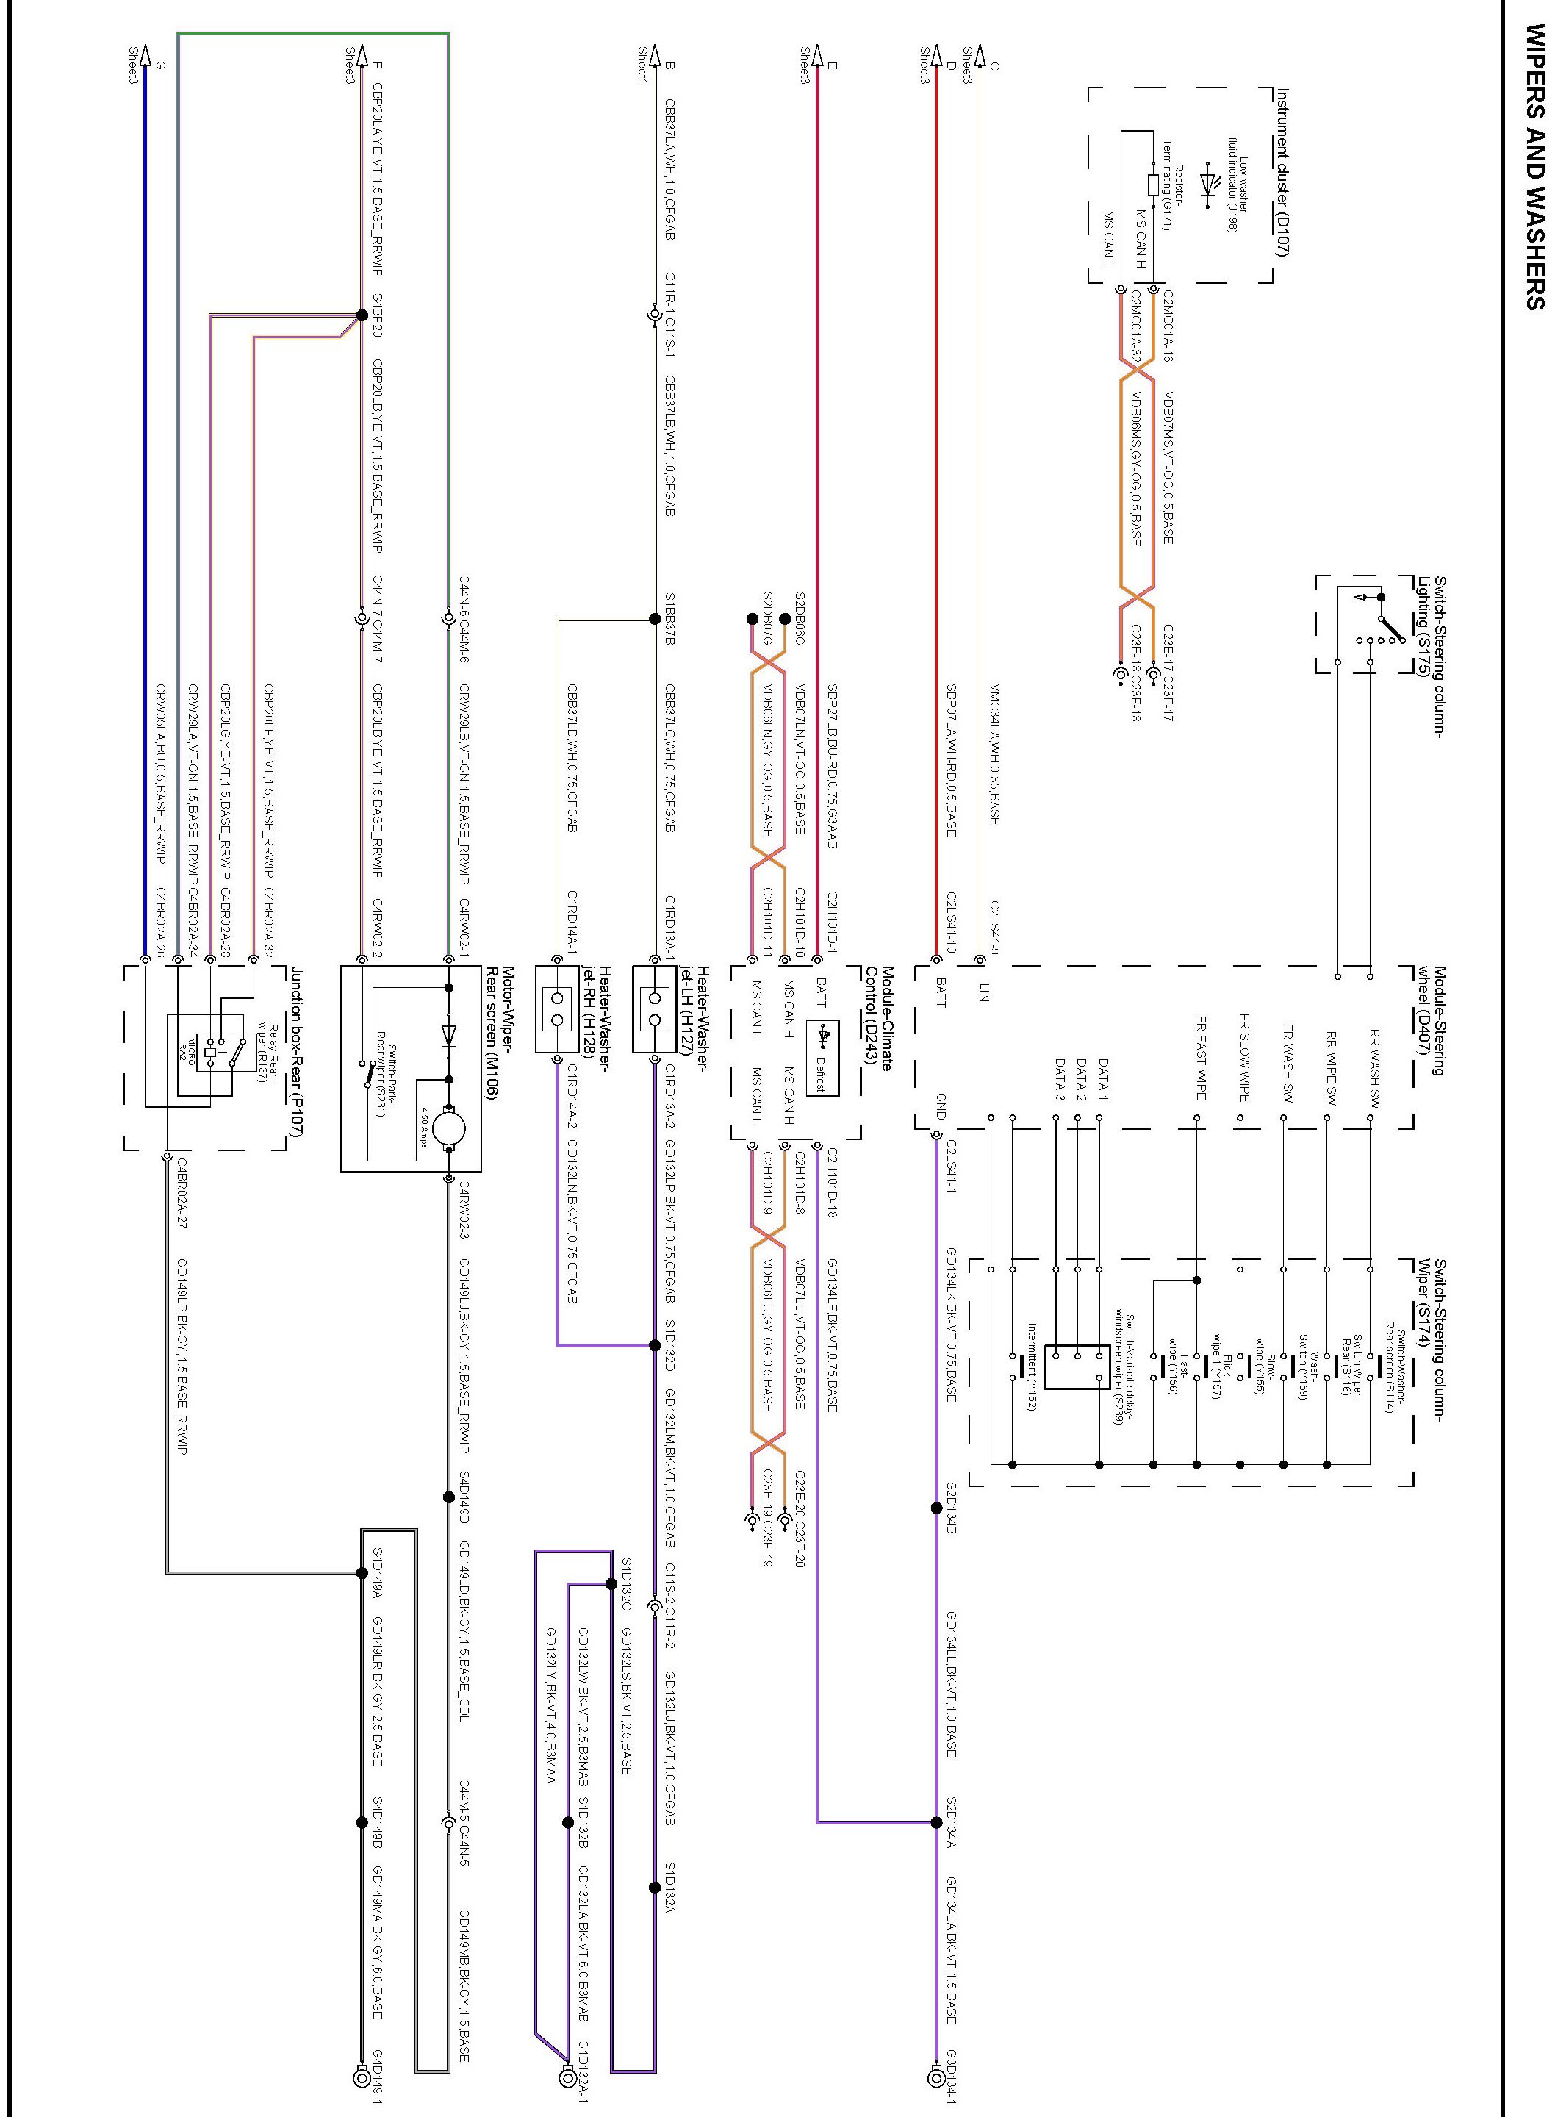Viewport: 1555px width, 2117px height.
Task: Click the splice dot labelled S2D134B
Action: click(935, 1508)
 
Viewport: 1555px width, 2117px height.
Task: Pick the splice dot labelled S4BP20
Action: click(362, 316)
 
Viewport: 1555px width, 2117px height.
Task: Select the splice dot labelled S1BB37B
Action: click(655, 618)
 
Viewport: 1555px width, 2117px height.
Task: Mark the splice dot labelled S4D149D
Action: click(449, 1497)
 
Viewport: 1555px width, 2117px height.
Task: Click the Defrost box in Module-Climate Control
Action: click(822, 1058)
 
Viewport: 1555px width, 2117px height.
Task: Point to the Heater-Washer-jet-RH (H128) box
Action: click(556, 1009)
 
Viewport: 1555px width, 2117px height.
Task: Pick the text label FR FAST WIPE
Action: click(1201, 1057)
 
